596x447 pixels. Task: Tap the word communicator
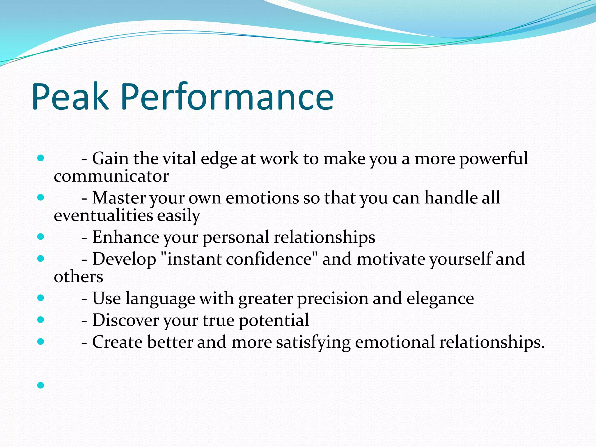tap(111, 176)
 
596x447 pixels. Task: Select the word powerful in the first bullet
tap(493, 159)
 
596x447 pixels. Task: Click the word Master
tap(119, 198)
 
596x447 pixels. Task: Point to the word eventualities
tap(103, 216)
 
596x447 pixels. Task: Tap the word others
tap(78, 277)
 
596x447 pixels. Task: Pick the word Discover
tap(125, 320)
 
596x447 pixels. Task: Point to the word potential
tap(274, 321)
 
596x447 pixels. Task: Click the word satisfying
tap(313, 342)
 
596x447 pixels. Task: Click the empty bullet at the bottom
tap(41, 385)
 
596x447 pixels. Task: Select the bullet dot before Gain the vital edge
tap(41, 158)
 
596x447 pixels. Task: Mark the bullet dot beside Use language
tap(41, 298)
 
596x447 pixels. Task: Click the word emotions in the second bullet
tap(262, 198)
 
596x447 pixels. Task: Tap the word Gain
tap(110, 159)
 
